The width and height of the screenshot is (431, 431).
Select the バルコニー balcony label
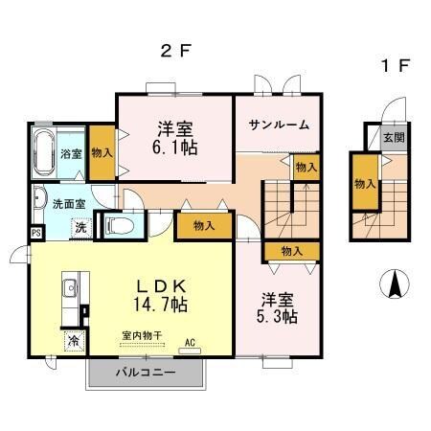pyautogui.click(x=146, y=372)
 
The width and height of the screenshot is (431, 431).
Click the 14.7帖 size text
pyautogui.click(x=160, y=304)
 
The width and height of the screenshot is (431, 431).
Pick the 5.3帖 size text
pyautogui.click(x=278, y=314)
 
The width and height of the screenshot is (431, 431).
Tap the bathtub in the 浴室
pyautogui.click(x=43, y=151)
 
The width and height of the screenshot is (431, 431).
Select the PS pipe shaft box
pyautogui.click(x=35, y=232)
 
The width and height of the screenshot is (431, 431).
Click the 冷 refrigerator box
pyautogui.click(x=73, y=340)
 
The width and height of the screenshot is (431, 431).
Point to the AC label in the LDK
pyautogui.click(x=190, y=342)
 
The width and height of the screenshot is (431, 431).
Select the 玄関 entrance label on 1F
pyautogui.click(x=394, y=139)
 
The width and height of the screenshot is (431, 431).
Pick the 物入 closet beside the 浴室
pyautogui.click(x=102, y=152)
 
